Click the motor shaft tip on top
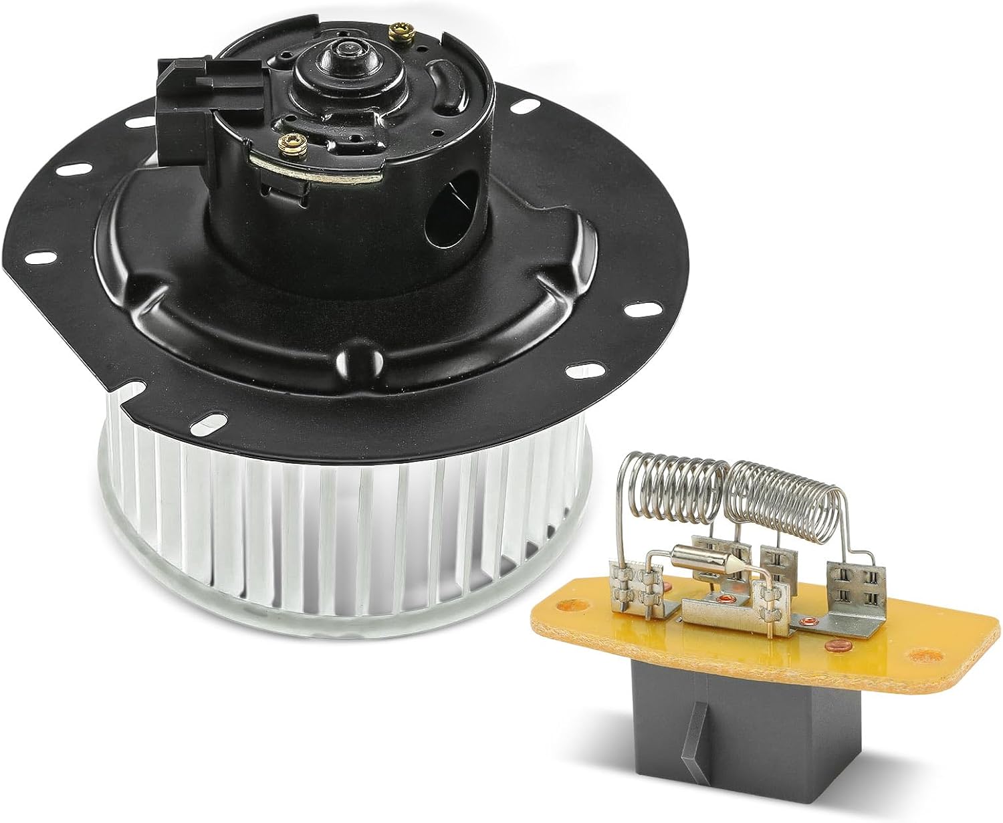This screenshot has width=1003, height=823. [347, 48]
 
